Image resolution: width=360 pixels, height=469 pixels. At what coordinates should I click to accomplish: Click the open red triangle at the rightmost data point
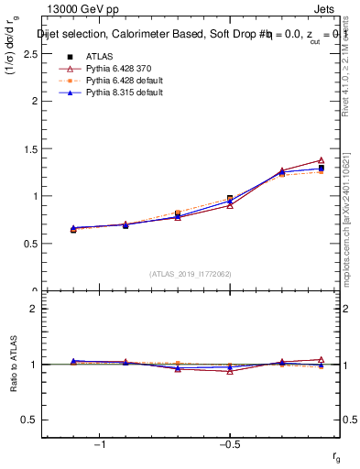click(x=321, y=160)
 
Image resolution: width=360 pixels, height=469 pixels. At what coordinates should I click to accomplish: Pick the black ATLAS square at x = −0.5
click(x=230, y=199)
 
